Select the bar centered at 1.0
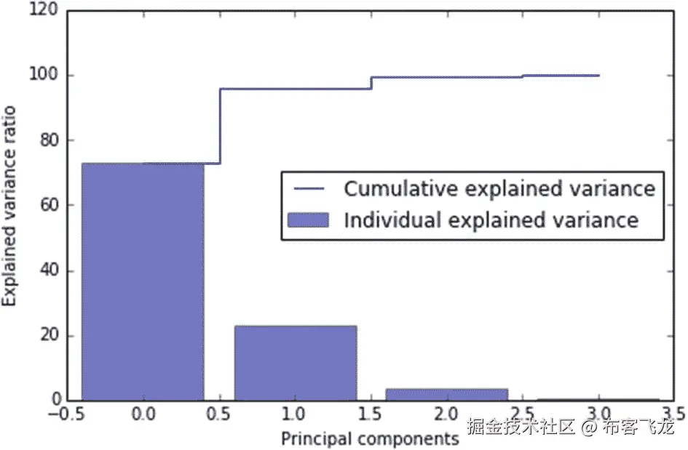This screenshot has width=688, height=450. (296, 363)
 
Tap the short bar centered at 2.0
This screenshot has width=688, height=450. (447, 395)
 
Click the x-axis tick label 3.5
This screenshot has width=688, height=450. (671, 417)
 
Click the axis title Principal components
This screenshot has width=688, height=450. (370, 438)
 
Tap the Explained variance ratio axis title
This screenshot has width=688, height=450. (10, 206)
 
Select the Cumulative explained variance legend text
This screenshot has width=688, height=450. (499, 189)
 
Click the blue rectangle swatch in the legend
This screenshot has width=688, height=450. (309, 220)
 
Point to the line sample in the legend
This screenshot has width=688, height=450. (309, 189)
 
